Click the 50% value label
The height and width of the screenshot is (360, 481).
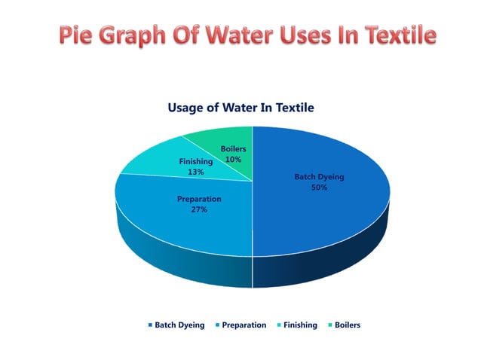pos(319,188)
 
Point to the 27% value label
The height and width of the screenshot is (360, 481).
pos(199,210)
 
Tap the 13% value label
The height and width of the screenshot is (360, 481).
pos(194,172)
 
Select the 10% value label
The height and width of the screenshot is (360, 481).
pos(233,160)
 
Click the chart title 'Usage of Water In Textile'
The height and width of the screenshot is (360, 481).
pos(240,108)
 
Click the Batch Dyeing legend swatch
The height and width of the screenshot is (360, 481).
pos(149,325)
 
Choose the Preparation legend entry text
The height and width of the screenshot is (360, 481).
pos(244,325)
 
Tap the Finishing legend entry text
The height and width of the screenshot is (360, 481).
pos(300,325)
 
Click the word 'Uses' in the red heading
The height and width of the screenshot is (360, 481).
pos(307,35)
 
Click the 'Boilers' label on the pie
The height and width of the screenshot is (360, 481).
pos(233,149)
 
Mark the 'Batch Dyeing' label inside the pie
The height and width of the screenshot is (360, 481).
pos(319,177)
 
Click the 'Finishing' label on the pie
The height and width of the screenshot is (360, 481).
pos(195,161)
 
